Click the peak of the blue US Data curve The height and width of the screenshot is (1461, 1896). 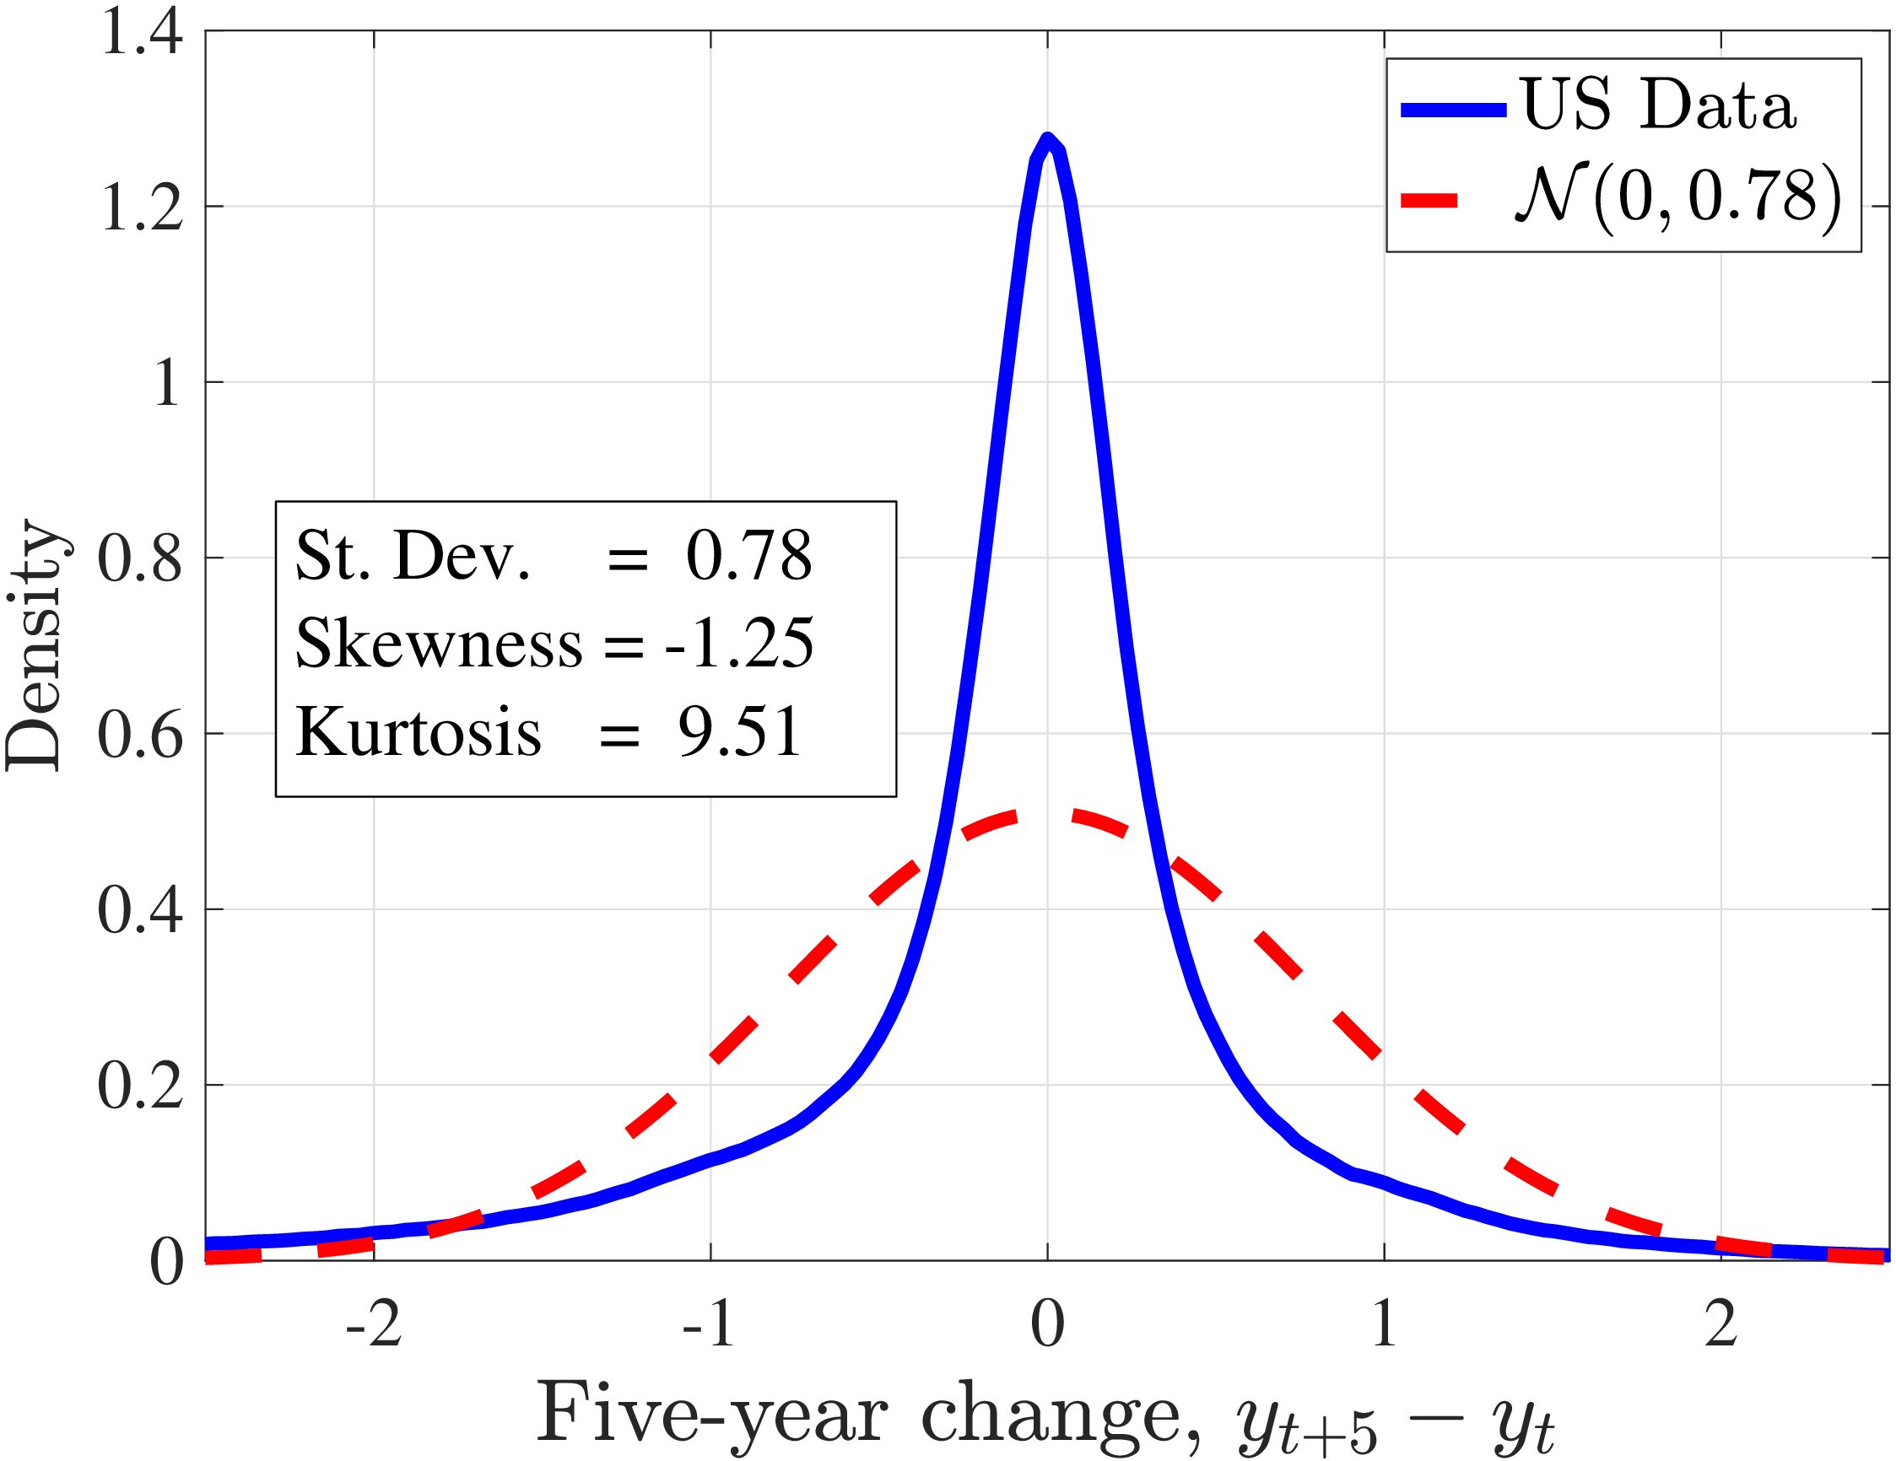tap(1047, 140)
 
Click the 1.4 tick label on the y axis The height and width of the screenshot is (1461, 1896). tap(142, 32)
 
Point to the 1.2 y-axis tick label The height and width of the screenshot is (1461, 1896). tap(142, 208)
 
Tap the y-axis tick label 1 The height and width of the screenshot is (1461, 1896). tap(166, 383)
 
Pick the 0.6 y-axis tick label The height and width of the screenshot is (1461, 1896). tap(140, 735)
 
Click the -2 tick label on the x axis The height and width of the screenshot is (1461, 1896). tap(373, 1324)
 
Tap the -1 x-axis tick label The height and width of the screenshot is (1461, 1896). tap(710, 1324)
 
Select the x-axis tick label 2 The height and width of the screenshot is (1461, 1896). tap(1720, 1324)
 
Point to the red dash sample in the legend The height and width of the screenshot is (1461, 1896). tap(1429, 202)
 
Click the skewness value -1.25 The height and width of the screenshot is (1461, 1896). tap(739, 644)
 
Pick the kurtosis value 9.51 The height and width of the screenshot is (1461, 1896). tap(739, 732)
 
